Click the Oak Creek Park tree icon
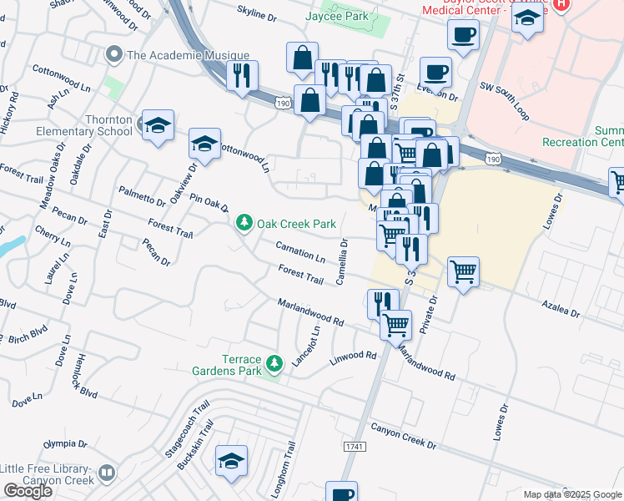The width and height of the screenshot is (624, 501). (244, 223)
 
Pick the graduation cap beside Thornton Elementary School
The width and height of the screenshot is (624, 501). (158, 126)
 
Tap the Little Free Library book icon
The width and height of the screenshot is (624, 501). (106, 473)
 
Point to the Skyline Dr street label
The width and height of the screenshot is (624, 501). (256, 16)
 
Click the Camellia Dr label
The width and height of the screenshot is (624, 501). (342, 261)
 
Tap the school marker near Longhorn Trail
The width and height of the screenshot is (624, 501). (232, 460)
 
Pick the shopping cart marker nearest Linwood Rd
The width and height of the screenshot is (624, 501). (395, 324)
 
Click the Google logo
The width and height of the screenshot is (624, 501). (28, 491)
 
